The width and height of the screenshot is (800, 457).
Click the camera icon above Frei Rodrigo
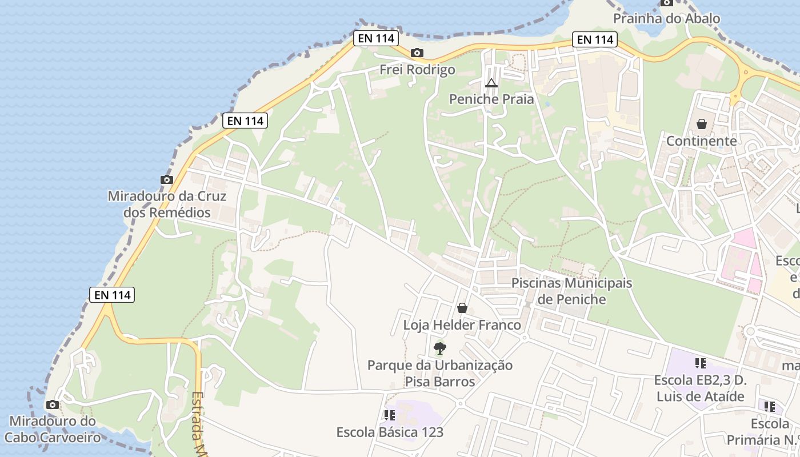click(x=417, y=53)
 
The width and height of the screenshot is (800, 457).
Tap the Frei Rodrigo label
click(x=418, y=70)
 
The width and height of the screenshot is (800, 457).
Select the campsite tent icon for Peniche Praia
click(x=491, y=83)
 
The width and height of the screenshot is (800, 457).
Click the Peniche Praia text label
click(x=491, y=99)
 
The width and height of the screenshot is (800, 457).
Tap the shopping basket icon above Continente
click(x=702, y=124)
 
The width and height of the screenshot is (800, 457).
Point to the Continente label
click(x=702, y=141)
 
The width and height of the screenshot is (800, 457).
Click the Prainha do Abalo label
click(x=666, y=18)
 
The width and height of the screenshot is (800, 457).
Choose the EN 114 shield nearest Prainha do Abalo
click(x=595, y=39)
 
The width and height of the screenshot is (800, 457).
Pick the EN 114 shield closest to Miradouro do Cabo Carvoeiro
click(x=112, y=295)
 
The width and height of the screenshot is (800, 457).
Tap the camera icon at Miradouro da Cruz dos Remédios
click(x=167, y=179)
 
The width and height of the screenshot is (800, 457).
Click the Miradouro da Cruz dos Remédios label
click(x=167, y=204)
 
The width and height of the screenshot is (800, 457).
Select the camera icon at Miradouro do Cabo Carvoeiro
click(x=53, y=405)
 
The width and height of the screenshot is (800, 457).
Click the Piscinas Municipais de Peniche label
click(x=571, y=291)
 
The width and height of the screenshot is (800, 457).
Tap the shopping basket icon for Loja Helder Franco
click(x=462, y=308)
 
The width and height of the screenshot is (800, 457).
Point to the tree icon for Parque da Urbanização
click(x=440, y=348)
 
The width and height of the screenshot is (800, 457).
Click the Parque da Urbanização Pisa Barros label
click(x=440, y=373)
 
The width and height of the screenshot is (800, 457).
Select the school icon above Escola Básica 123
click(x=390, y=415)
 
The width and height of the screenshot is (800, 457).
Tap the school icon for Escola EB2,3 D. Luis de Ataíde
click(x=701, y=363)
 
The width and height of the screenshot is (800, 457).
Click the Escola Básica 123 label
click(x=390, y=432)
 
